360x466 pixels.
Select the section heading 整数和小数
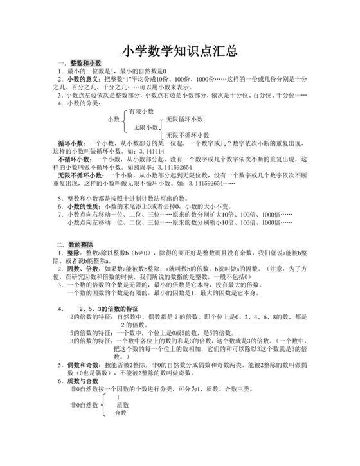[x=86, y=62]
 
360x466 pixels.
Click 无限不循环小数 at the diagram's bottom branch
[x=188, y=135]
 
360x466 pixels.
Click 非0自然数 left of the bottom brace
[x=85, y=406]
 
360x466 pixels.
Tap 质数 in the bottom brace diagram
[x=122, y=405]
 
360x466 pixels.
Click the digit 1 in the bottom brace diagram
[x=118, y=397]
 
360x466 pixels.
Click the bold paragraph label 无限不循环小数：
[x=83, y=174]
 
